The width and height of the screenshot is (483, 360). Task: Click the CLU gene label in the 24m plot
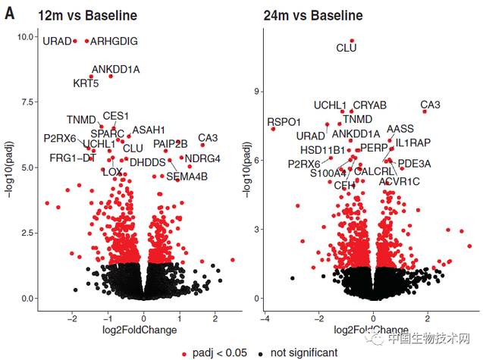[346, 49]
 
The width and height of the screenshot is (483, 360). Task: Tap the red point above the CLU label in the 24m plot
[352, 40]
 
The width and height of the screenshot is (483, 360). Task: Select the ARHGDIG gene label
[114, 41]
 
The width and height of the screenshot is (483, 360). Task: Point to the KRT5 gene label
[86, 83]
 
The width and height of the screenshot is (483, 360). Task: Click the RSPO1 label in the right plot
[284, 121]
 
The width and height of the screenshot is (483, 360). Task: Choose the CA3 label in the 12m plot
[208, 138]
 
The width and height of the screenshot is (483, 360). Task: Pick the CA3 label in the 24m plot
[431, 105]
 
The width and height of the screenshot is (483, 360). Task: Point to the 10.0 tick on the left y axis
[27, 36]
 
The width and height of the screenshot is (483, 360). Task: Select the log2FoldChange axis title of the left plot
[144, 330]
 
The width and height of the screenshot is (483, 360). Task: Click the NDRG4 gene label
[202, 158]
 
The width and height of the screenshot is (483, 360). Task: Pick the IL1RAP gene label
[412, 142]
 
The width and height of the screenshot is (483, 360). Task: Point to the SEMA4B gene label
[187, 177]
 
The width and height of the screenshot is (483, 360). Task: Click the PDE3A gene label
[414, 163]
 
